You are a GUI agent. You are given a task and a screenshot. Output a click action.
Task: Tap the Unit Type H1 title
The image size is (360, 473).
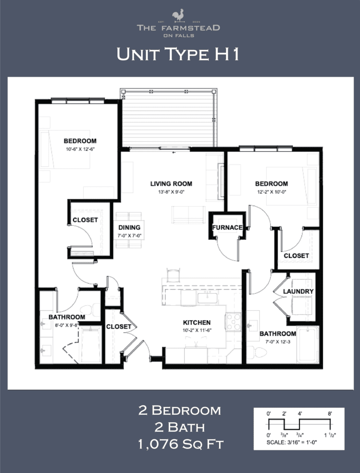[178, 54]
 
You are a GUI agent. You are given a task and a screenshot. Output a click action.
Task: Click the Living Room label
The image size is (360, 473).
[171, 183]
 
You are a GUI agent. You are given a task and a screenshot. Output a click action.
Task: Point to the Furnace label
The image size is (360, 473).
[227, 227]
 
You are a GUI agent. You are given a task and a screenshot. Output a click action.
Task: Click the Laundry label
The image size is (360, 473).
[298, 291]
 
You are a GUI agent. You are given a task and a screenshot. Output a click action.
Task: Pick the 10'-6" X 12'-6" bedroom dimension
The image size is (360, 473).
[79, 149]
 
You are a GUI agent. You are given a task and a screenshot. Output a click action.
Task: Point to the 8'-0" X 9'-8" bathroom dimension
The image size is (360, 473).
[67, 325]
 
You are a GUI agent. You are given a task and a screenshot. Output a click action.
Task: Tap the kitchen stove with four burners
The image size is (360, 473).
[233, 321]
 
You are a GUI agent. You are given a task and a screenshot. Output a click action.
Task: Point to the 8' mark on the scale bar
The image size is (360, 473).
[330, 414]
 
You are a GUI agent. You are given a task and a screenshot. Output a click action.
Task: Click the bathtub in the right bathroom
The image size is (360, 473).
[307, 344]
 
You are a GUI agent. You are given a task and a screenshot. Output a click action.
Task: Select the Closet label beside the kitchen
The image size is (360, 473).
[119, 327]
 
